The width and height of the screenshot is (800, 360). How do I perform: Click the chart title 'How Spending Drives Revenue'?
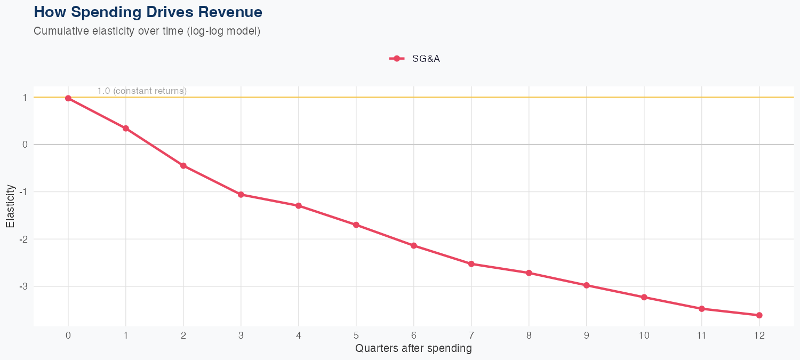point(148,12)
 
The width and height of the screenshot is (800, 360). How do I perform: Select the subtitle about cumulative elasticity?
point(147,31)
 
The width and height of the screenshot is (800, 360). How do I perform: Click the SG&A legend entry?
point(415,59)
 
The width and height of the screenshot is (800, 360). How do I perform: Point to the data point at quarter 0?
point(68,98)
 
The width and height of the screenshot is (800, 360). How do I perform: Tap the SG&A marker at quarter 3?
point(241,195)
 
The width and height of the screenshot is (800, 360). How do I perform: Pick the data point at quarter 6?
point(414,245)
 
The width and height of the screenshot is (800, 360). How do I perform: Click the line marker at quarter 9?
point(587,285)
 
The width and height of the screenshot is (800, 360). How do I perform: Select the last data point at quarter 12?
point(759,315)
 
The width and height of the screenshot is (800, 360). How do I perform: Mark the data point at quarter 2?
point(183,166)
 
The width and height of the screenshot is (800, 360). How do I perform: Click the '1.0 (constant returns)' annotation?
point(142,91)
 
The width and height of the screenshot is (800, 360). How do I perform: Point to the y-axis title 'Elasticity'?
point(11,207)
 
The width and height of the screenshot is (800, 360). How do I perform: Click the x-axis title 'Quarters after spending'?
point(413,349)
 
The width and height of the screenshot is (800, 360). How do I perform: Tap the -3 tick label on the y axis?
point(23,286)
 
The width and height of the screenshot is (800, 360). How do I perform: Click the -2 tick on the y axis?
point(23,239)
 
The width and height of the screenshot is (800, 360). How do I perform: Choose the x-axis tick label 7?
point(471,335)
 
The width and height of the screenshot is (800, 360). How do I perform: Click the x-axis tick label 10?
point(644,335)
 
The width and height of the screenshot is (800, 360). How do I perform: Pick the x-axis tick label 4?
point(299,335)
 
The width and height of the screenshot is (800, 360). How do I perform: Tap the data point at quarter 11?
point(702,309)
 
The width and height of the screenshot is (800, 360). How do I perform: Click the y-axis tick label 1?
point(25,97)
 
